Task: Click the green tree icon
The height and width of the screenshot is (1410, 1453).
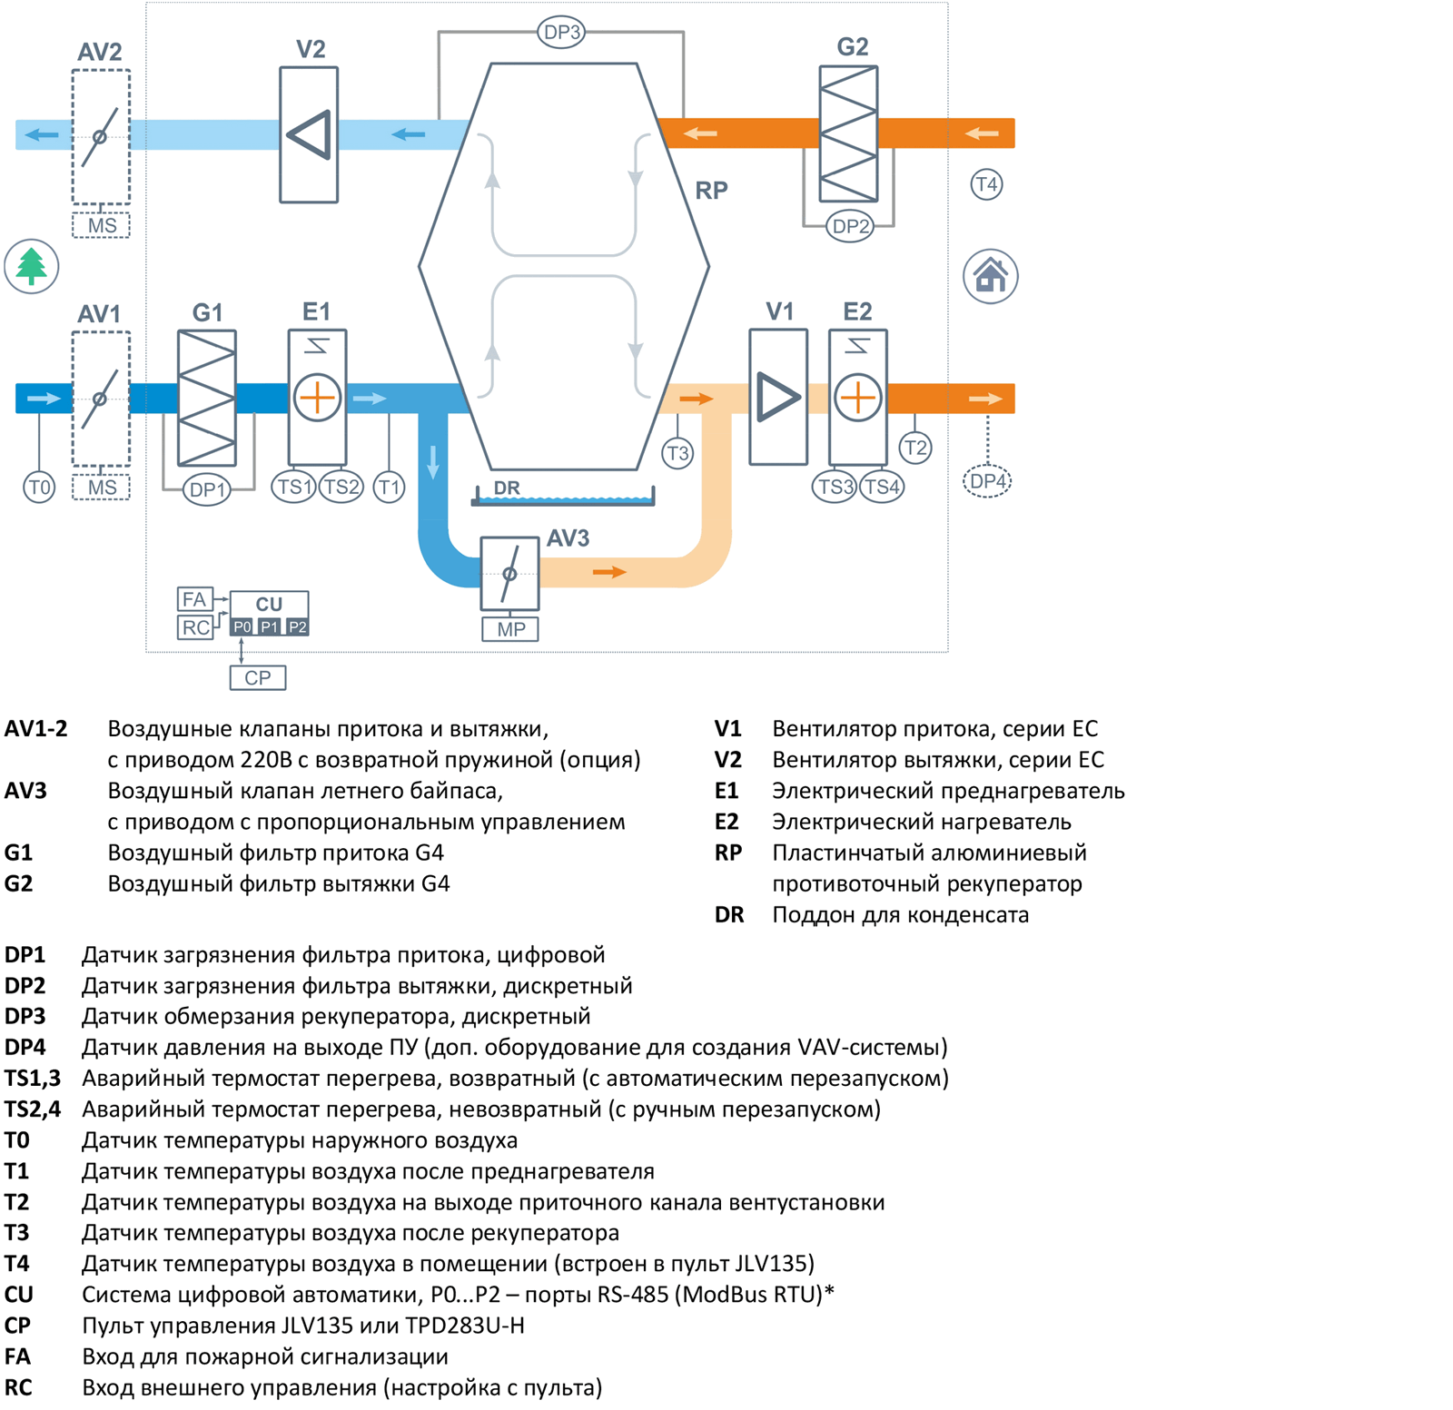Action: [x=32, y=266]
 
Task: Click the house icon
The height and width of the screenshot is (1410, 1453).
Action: [x=990, y=276]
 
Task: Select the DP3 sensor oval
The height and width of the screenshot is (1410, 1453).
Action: [x=561, y=33]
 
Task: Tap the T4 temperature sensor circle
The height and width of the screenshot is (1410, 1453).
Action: [x=986, y=184]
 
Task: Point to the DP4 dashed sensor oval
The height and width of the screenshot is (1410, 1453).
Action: [x=987, y=481]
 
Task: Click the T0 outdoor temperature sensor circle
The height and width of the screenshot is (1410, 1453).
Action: [x=39, y=488]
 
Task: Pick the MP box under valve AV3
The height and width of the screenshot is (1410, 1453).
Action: [x=510, y=629]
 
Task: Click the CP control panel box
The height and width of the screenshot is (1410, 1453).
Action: [x=258, y=677]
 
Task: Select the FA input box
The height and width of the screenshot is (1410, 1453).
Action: [x=194, y=599]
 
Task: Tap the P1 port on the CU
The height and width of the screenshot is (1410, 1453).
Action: [x=270, y=626]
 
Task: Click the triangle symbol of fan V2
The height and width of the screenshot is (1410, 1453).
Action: [x=309, y=135]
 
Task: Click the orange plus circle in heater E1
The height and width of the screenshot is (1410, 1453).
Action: [x=317, y=398]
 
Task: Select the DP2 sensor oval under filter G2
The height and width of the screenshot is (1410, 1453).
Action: [x=850, y=226]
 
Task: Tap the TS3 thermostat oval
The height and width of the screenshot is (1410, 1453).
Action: [x=835, y=487]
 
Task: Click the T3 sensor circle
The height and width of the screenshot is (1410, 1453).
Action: [x=677, y=453]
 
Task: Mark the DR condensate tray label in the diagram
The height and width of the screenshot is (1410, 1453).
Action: [x=507, y=488]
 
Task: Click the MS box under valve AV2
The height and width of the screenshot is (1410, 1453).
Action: [x=102, y=225]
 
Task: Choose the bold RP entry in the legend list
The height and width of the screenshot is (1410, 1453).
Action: [x=728, y=853]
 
